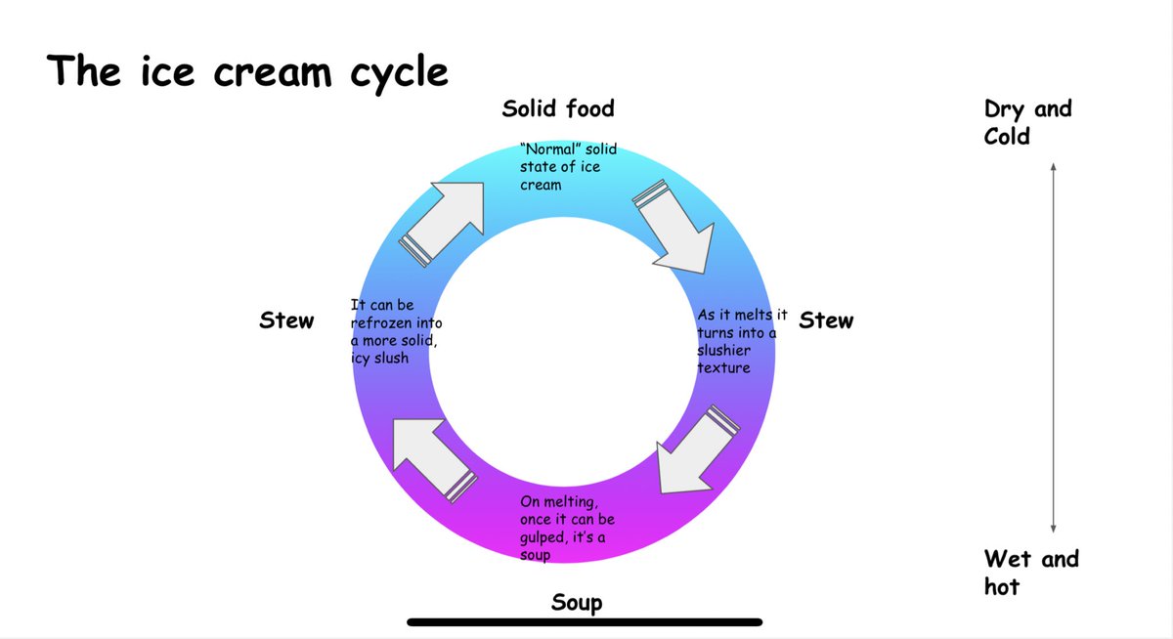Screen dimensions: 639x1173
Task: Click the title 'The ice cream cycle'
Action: [x=247, y=71]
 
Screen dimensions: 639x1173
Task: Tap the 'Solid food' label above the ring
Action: [x=558, y=108]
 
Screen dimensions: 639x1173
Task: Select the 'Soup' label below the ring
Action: [x=577, y=602]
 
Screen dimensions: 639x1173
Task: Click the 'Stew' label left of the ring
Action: [x=286, y=320]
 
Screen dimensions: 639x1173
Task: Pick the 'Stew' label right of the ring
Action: [x=826, y=320]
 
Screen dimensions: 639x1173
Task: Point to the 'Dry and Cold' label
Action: [x=1026, y=122]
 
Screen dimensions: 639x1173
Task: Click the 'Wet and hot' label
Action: [x=1030, y=573]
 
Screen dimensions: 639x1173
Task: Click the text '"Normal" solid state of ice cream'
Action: [x=568, y=167]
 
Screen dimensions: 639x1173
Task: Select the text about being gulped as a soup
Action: [x=567, y=528]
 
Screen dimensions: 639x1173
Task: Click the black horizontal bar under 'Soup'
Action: [x=585, y=621]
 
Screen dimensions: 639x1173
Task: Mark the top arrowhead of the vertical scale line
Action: [x=1053, y=167]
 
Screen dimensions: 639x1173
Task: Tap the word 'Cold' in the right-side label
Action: [x=1007, y=136]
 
